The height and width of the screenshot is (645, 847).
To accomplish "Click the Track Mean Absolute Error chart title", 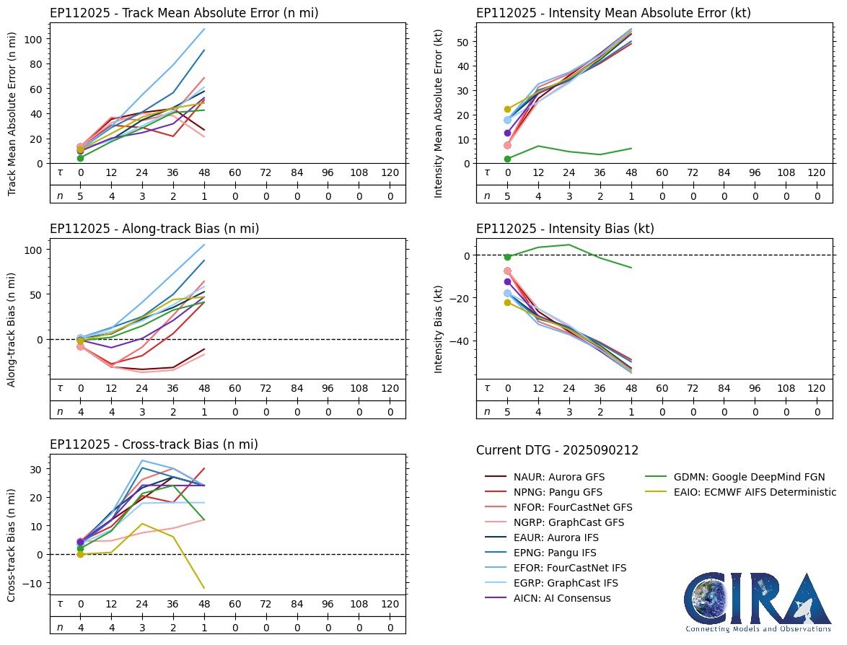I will click(184, 13).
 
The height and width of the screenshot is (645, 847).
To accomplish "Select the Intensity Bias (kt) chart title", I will click(565, 229).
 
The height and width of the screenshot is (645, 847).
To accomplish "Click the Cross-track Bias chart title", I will click(154, 444).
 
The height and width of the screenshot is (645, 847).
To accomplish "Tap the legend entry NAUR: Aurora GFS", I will click(559, 477).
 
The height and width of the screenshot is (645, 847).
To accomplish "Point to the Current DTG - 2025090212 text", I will click(557, 451).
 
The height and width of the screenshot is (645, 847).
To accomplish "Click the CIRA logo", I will click(758, 602).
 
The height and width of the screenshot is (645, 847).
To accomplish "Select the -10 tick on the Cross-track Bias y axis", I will click(33, 583).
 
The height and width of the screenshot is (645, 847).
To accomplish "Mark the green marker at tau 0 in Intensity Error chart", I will click(507, 159).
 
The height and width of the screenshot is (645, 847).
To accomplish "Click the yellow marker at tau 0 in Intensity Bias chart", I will click(507, 302).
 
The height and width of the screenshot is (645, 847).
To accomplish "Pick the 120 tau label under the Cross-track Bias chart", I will click(390, 604).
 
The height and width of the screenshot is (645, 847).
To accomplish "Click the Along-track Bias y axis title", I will click(12, 329).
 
